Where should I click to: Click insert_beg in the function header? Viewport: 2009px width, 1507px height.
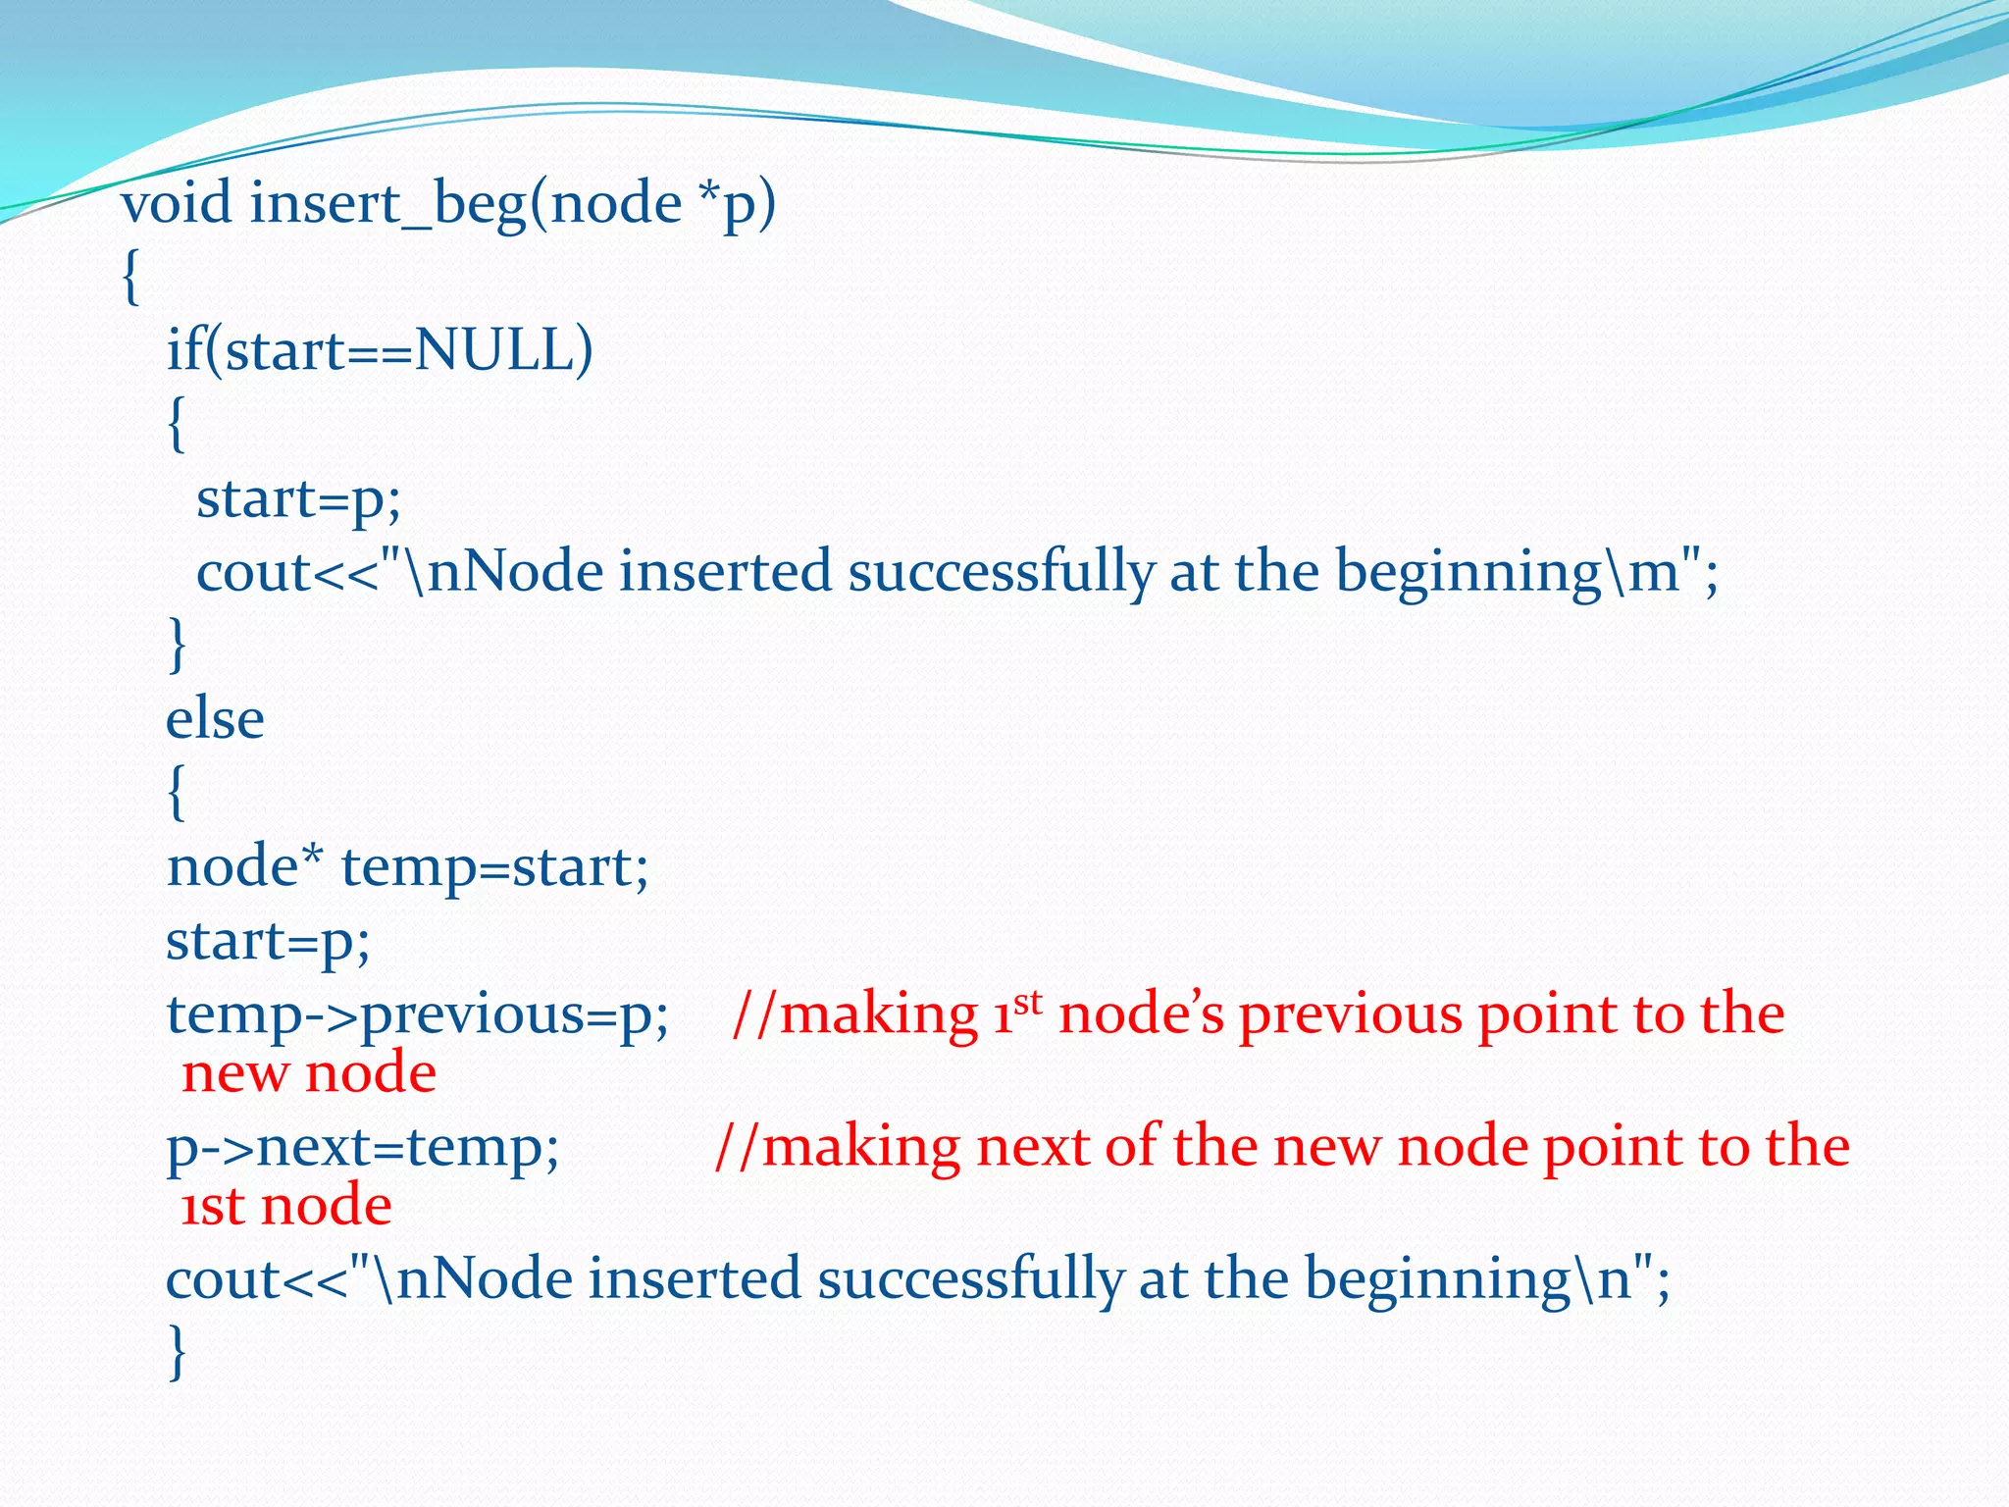coord(387,205)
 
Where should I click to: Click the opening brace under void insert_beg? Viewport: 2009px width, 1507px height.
coord(131,278)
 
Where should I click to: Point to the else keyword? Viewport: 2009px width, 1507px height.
coord(215,719)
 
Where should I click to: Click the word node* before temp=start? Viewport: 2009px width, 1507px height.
coord(244,866)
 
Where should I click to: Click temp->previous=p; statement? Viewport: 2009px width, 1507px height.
coord(418,1014)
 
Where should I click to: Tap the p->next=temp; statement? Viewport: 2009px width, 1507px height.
coord(363,1147)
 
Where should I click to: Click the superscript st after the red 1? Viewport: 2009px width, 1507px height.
coord(1027,1002)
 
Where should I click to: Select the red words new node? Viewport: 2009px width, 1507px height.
coord(309,1072)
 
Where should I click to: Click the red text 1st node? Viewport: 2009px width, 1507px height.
coord(286,1205)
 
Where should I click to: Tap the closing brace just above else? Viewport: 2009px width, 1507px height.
coord(178,645)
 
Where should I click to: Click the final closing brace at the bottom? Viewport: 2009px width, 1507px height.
coord(178,1352)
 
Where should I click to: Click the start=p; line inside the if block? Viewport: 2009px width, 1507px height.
coord(299,499)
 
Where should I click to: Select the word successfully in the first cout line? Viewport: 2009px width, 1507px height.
coord(1001,572)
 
